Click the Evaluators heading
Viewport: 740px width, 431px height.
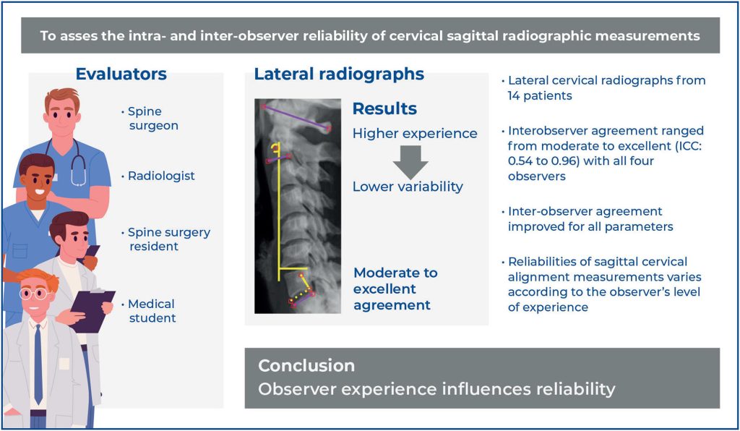click(x=121, y=74)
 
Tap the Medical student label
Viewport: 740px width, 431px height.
click(x=152, y=311)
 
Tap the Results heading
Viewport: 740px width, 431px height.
click(x=384, y=109)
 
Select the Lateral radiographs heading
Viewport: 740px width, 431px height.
click(x=339, y=74)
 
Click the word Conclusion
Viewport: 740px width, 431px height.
click(x=306, y=365)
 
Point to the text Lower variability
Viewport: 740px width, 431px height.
click(x=408, y=187)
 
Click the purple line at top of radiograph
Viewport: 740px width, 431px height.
click(x=296, y=117)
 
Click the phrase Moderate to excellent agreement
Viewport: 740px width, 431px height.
click(x=395, y=289)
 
